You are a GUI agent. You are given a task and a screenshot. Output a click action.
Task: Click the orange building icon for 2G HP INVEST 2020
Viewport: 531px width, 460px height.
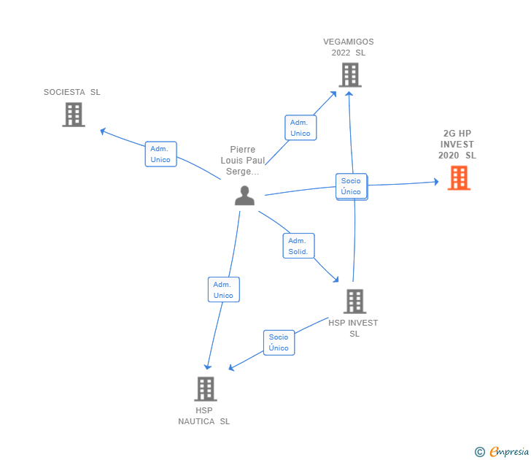[x=459, y=177]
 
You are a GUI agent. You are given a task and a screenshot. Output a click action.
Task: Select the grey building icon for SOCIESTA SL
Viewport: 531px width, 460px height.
[x=73, y=115]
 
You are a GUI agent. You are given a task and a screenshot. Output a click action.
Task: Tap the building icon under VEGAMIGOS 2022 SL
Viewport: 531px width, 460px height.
[x=350, y=74]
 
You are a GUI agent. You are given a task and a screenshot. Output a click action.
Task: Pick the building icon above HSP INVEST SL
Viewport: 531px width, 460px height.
[x=354, y=301]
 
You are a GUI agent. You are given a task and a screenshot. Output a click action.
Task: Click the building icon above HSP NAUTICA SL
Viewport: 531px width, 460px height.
[x=206, y=388]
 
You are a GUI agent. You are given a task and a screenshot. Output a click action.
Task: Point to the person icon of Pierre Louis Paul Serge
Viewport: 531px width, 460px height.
[x=244, y=195]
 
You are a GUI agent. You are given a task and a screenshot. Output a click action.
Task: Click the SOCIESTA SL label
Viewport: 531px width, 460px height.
[x=71, y=92]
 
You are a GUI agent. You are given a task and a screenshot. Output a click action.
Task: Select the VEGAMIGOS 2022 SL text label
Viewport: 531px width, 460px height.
[x=349, y=47]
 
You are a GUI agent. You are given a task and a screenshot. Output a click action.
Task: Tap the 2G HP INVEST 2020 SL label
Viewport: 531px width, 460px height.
[x=457, y=145]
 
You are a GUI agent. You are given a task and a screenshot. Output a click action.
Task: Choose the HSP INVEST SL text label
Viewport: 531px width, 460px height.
[x=354, y=328]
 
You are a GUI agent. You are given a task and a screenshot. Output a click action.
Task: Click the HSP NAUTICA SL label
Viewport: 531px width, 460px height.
[x=204, y=416]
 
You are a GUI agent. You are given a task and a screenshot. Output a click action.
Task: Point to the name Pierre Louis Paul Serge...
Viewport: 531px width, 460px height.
[x=243, y=161]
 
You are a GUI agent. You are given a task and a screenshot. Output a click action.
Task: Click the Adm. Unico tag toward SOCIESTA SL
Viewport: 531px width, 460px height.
[x=160, y=154]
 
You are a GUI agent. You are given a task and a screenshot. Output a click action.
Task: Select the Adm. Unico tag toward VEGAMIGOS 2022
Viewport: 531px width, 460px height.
[x=300, y=128]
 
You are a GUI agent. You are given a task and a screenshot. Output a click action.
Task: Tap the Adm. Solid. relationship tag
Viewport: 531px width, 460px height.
[x=298, y=246]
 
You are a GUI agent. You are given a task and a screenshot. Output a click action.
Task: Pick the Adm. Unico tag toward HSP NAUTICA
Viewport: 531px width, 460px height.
[x=223, y=290]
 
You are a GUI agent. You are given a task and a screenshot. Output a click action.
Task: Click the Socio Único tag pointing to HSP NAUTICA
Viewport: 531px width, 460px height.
[x=279, y=342]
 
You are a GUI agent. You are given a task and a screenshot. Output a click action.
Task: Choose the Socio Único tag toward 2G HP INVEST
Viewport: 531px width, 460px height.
[x=351, y=186]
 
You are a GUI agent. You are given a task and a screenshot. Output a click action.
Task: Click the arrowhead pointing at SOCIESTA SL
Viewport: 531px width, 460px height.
[x=103, y=131]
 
